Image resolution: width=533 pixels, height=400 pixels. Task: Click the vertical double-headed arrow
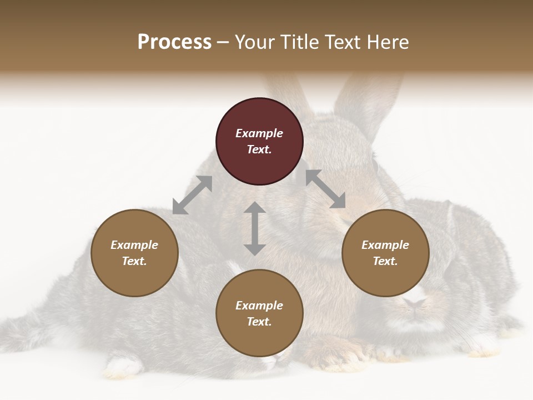click(254, 228)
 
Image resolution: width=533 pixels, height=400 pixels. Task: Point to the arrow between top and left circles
click(192, 195)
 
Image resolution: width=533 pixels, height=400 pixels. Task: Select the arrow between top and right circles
click(325, 189)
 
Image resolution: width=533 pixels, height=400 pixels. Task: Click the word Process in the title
click(174, 42)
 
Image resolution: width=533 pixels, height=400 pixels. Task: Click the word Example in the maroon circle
click(259, 133)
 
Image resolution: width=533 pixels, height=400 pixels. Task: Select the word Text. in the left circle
click(134, 261)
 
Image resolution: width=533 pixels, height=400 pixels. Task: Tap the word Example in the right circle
click(385, 245)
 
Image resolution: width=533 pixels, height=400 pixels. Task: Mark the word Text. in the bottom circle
click(259, 322)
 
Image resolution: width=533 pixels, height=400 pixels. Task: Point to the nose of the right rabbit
click(414, 303)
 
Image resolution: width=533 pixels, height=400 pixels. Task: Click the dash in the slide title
click(223, 42)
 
